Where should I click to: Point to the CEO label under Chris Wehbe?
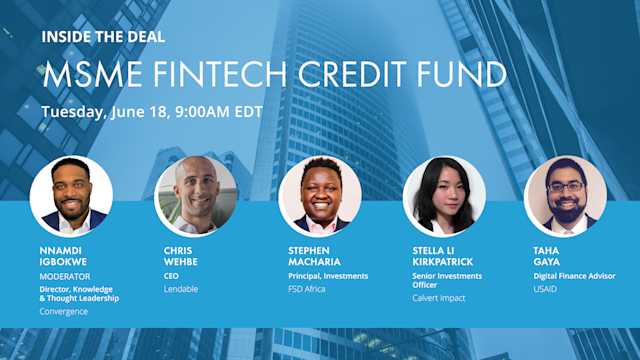pyautogui.click(x=173, y=276)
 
